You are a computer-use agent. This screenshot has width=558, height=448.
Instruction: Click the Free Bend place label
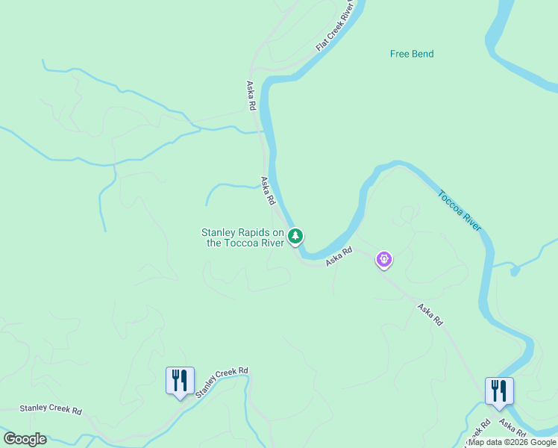(x=412, y=54)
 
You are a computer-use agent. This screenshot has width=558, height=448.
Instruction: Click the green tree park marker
(x=296, y=237)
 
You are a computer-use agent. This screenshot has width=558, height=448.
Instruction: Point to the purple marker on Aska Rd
(x=384, y=259)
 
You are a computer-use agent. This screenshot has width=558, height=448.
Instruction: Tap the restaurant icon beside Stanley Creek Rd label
(x=179, y=380)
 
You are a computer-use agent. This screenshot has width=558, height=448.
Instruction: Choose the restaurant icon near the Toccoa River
(x=499, y=391)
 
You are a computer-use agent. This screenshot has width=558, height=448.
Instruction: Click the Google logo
(x=25, y=439)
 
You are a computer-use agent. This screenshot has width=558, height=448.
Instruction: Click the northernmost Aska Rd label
(x=251, y=96)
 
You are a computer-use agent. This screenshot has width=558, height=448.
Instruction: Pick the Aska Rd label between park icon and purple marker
(x=338, y=256)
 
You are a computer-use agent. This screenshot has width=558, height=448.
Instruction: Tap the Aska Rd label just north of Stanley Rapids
(x=268, y=191)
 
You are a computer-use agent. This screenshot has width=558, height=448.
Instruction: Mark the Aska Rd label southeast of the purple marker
(x=430, y=314)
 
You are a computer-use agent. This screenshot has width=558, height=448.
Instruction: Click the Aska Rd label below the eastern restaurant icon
(x=515, y=428)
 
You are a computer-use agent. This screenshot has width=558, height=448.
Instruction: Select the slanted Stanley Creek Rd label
(x=221, y=382)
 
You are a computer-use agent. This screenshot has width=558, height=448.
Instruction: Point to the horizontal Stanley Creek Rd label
(x=50, y=409)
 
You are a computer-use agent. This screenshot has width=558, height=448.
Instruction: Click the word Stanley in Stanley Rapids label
(x=218, y=232)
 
